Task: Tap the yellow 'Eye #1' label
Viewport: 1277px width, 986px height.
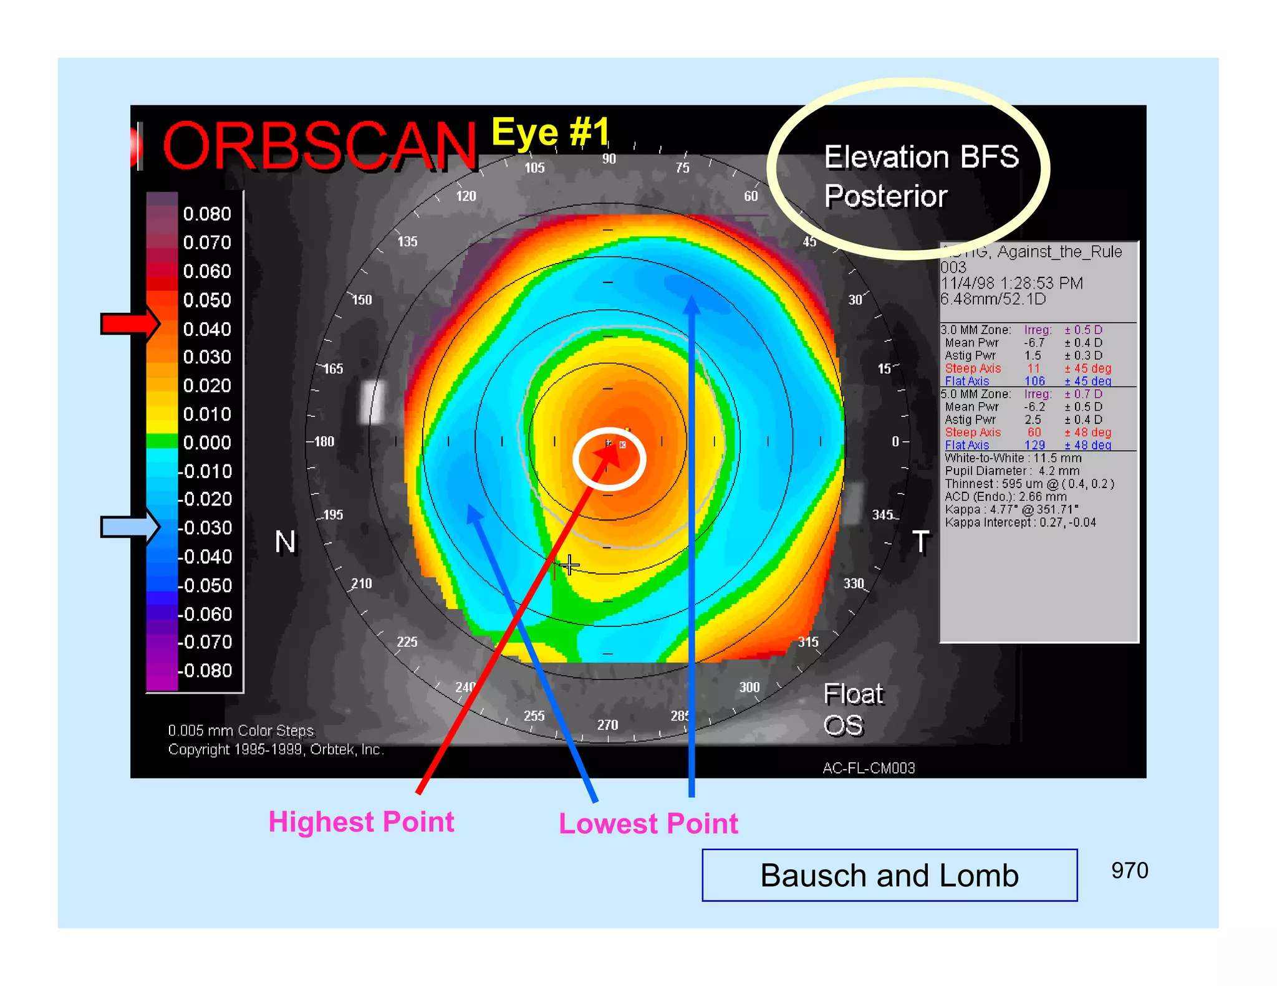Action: click(550, 132)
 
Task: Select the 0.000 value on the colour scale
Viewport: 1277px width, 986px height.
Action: click(206, 443)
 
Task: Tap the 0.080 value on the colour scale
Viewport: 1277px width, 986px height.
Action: click(206, 214)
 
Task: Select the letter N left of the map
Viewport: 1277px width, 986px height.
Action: click(286, 542)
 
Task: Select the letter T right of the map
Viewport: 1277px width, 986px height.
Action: click(921, 542)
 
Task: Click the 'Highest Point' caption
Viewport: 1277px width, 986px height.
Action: click(361, 821)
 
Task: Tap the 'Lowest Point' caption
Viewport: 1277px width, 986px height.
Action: click(648, 823)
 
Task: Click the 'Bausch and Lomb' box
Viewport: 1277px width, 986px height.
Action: click(889, 875)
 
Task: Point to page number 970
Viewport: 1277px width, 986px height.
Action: click(1129, 870)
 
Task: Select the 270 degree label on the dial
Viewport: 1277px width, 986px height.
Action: click(607, 724)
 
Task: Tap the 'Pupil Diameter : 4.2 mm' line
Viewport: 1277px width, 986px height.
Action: click(1011, 471)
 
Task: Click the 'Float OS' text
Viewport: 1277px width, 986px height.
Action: click(852, 709)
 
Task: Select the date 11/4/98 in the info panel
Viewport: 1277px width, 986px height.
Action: click(968, 283)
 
